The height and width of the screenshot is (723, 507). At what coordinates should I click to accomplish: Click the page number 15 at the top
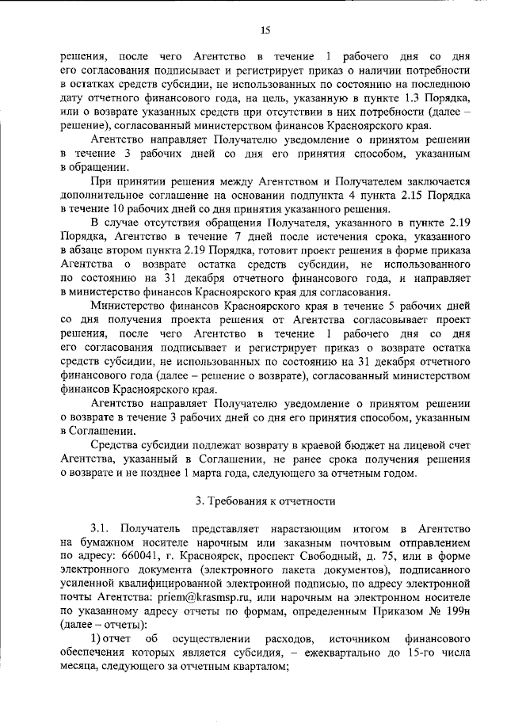(x=265, y=30)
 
